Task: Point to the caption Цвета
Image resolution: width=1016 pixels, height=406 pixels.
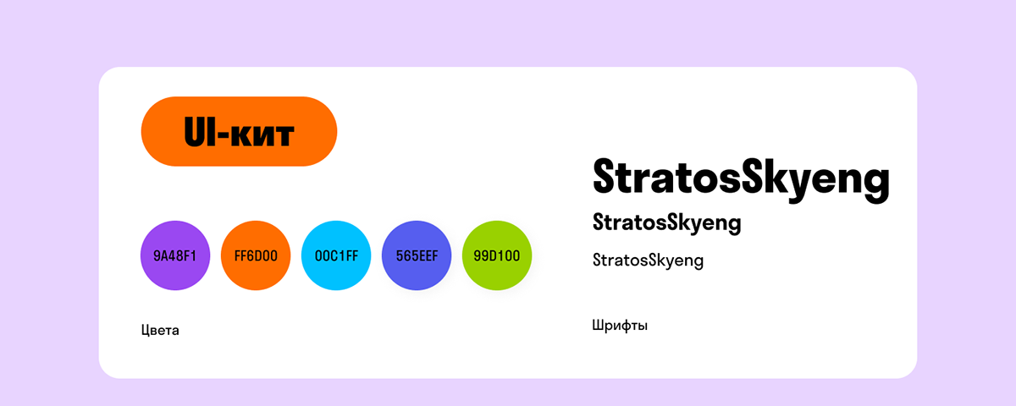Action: (160, 330)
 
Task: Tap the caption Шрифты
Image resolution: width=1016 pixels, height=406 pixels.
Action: (620, 326)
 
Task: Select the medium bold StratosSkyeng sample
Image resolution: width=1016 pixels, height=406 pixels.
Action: (667, 223)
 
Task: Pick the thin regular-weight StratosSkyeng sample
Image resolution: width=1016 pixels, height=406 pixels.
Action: (648, 261)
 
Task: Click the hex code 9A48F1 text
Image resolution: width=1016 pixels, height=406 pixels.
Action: (174, 255)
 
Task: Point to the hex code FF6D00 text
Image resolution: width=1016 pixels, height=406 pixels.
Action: (255, 255)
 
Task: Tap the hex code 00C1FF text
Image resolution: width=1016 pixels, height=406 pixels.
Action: (336, 255)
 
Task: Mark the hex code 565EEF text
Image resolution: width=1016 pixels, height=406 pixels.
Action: (417, 255)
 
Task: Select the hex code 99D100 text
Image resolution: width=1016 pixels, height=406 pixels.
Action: (497, 255)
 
